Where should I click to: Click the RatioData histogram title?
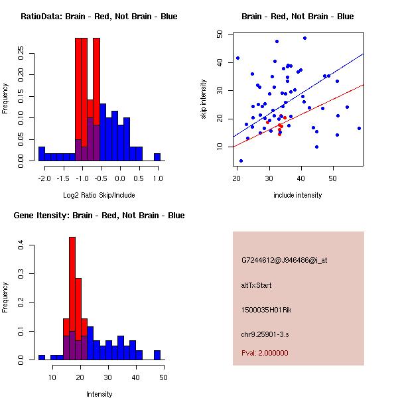point(99,17)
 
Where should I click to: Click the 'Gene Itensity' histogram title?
point(99,216)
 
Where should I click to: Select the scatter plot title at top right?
point(297,17)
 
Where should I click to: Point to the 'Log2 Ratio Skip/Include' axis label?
point(99,194)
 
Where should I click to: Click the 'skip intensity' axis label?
point(204,99)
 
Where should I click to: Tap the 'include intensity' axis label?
point(298,195)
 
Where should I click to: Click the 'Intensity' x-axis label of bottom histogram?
point(99,394)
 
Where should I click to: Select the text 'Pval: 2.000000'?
point(265,354)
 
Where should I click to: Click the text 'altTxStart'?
point(257,285)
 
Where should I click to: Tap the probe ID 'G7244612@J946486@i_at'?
point(284,260)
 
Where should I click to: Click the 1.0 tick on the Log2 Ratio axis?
point(157,178)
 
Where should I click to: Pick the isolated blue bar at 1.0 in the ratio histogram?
point(157,157)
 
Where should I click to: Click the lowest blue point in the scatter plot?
point(241,161)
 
